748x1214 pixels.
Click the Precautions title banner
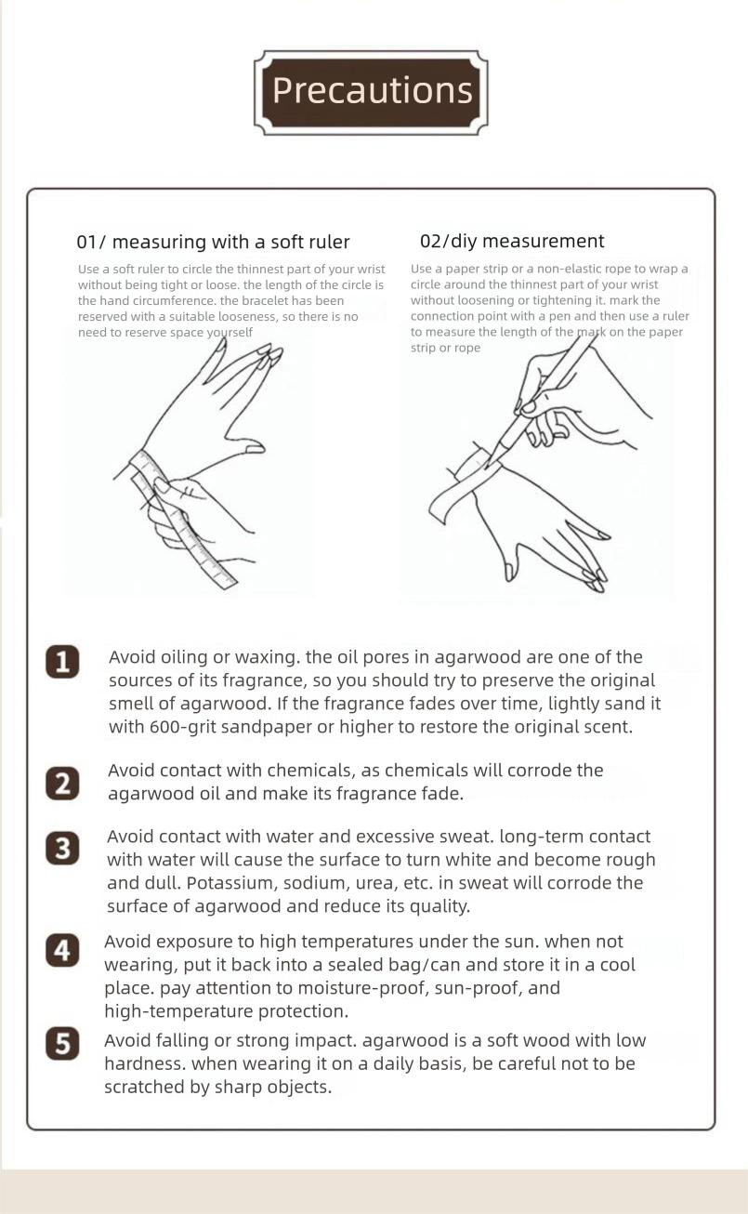(x=371, y=92)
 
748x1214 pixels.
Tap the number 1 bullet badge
(x=62, y=661)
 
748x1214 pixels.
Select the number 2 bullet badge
(x=62, y=783)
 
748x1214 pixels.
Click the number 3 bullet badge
(x=62, y=848)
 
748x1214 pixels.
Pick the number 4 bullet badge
(x=62, y=950)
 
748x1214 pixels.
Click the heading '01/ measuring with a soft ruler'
(x=213, y=242)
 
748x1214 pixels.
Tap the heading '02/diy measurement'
(x=512, y=241)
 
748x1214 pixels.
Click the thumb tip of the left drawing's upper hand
(x=256, y=448)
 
